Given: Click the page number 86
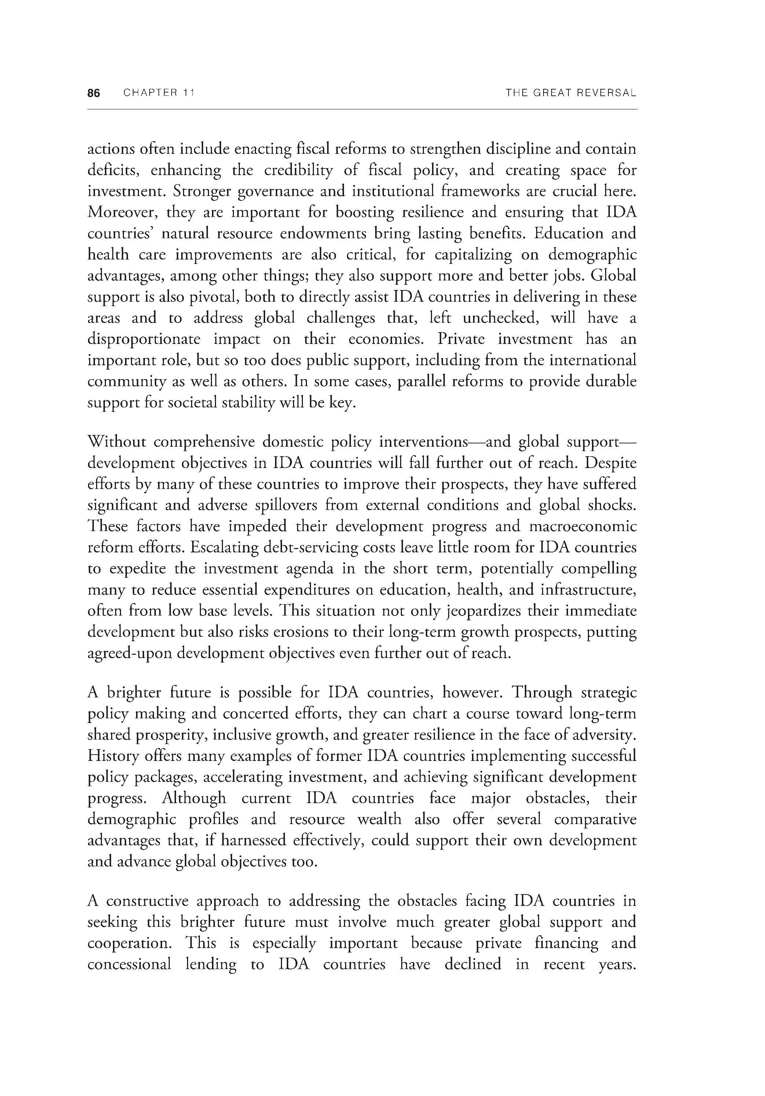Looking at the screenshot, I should click(x=94, y=93).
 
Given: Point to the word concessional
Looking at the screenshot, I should click(x=129, y=964).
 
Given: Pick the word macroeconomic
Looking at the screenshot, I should click(x=582, y=526).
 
